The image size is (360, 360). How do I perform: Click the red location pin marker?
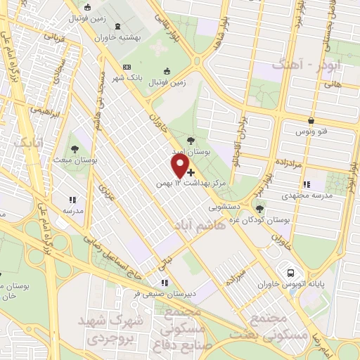point(181,166)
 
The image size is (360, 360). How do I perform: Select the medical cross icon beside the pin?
point(191,172)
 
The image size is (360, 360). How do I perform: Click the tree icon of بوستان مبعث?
point(75,148)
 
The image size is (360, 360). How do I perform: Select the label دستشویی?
point(224,207)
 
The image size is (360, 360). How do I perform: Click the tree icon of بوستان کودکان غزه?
point(260,209)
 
